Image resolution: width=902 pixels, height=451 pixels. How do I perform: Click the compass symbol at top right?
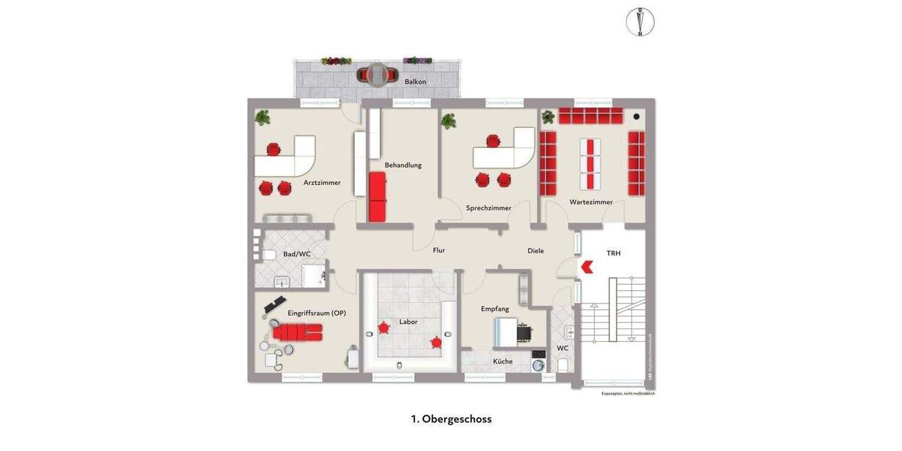coord(640,22)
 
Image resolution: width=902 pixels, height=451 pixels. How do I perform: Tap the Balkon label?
coord(416,81)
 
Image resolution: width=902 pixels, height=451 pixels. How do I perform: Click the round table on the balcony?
coord(376,74)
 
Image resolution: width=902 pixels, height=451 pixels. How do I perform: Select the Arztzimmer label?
coord(322,183)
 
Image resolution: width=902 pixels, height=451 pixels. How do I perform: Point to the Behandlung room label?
coord(403,165)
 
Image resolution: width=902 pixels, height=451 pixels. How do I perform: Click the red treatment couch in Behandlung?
coord(377,196)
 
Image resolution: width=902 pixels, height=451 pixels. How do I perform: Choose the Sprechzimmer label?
coord(489,207)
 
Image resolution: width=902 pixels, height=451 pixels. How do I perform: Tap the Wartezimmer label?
coord(591,201)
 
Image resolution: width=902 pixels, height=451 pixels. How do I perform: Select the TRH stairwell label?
coord(613,253)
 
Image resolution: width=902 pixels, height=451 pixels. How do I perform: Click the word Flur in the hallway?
coord(439,250)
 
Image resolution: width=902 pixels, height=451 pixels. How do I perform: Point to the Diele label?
coord(535,250)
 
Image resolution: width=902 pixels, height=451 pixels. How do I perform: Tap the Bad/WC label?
coord(297,254)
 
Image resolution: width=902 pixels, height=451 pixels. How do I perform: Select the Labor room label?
coord(408,322)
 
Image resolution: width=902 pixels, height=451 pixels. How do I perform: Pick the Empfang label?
coord(495,309)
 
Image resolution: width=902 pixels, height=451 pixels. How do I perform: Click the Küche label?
coord(503,362)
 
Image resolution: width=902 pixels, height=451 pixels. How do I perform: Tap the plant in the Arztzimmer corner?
coord(262,117)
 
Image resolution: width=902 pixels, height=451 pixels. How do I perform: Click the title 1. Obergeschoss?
coord(451,419)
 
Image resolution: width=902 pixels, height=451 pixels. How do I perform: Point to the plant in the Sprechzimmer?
coord(449,120)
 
